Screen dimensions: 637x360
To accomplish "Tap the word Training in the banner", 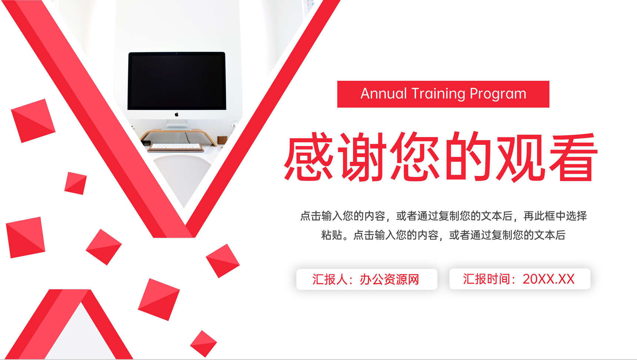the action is [x=438, y=94].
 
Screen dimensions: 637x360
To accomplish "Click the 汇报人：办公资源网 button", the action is [x=367, y=279].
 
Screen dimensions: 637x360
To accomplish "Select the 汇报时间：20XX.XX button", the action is [x=520, y=279].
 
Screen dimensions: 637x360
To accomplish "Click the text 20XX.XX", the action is [x=548, y=279].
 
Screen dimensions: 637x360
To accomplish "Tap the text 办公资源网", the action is [x=389, y=280].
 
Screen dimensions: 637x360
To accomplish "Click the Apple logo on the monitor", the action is [x=177, y=114].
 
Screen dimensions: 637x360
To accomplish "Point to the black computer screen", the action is [x=177, y=81].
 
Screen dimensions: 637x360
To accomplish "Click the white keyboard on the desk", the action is [x=176, y=147].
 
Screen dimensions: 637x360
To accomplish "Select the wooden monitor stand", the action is [x=179, y=136].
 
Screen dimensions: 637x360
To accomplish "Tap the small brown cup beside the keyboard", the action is [x=222, y=140].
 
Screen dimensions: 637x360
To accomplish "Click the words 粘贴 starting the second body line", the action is [x=331, y=235].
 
